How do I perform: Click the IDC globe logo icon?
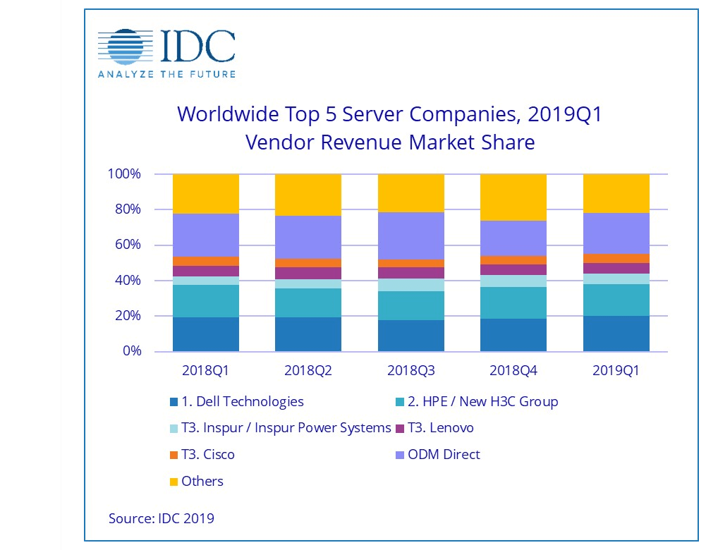click(124, 47)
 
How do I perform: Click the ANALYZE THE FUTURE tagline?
click(166, 74)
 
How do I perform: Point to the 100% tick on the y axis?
click(126, 174)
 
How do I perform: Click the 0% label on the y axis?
click(132, 351)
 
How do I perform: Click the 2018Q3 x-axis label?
click(410, 370)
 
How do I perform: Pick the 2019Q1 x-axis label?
click(616, 370)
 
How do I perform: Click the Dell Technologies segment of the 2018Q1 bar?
click(205, 334)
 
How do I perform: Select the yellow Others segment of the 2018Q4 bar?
click(513, 197)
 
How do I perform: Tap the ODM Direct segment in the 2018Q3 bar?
click(410, 236)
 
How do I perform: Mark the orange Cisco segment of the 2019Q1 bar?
click(616, 258)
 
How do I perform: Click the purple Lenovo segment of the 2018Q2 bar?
click(308, 273)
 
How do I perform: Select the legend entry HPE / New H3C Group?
click(482, 402)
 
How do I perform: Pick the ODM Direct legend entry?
click(444, 455)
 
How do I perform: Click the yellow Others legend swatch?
click(173, 482)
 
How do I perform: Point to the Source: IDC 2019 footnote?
click(161, 518)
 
